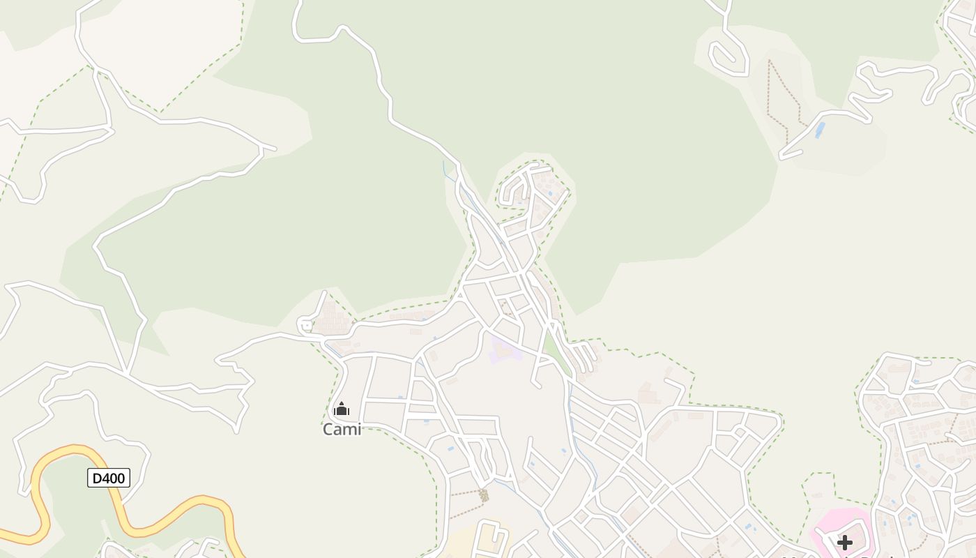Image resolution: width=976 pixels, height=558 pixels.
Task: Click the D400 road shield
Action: pos(109,478)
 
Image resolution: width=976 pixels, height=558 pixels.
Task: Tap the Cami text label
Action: pos(342,430)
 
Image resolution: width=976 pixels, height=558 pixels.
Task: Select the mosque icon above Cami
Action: pos(342,409)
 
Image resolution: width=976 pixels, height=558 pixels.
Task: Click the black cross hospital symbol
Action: pos(845,543)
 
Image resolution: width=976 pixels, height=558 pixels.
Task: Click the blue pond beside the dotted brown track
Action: pos(820,130)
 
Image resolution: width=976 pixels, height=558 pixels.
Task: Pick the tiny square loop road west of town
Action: pos(305,325)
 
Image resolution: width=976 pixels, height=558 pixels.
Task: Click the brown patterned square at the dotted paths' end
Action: pos(484,495)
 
